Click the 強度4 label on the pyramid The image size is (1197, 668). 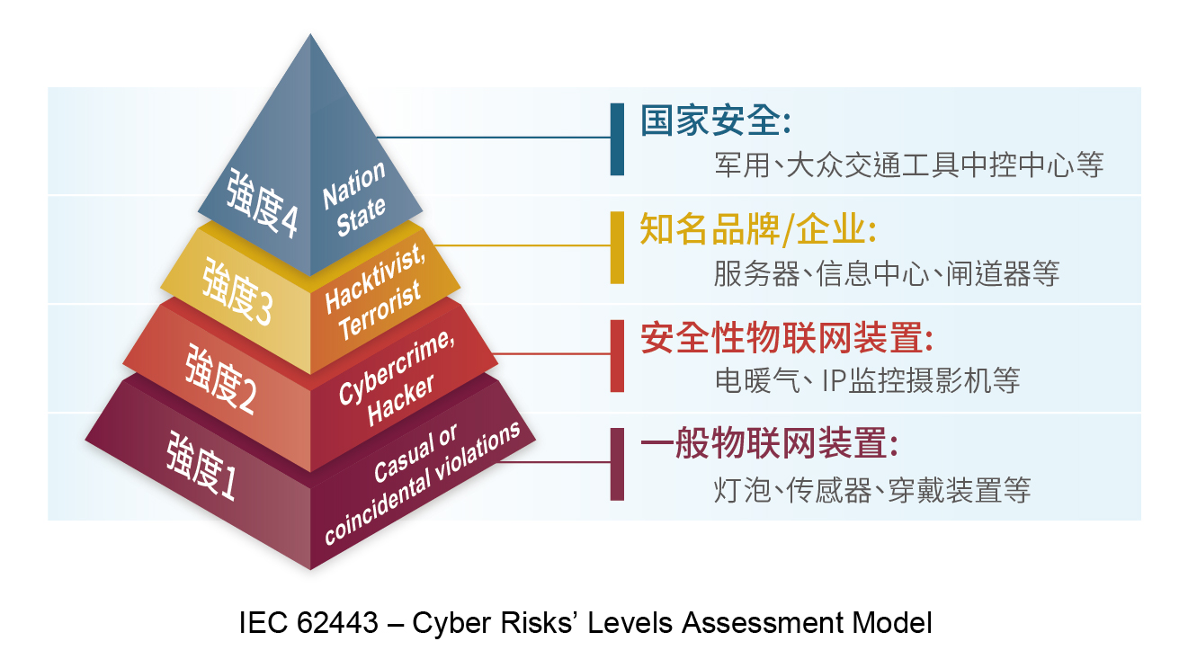point(262,203)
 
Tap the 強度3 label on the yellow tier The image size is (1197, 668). point(237,292)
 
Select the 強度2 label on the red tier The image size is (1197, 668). point(220,380)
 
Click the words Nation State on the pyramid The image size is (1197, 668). point(354,199)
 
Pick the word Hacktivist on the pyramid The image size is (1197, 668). point(375,280)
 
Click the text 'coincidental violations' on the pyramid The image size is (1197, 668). point(422,483)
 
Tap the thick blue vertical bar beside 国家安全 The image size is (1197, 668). point(617,139)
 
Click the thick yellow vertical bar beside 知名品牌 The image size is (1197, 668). point(617,247)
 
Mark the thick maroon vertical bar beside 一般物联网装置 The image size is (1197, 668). point(617,464)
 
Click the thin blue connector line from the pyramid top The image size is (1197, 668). point(494,138)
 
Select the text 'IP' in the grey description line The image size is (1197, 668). point(833,380)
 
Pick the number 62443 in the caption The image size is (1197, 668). point(337,622)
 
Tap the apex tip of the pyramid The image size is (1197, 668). point(310,34)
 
